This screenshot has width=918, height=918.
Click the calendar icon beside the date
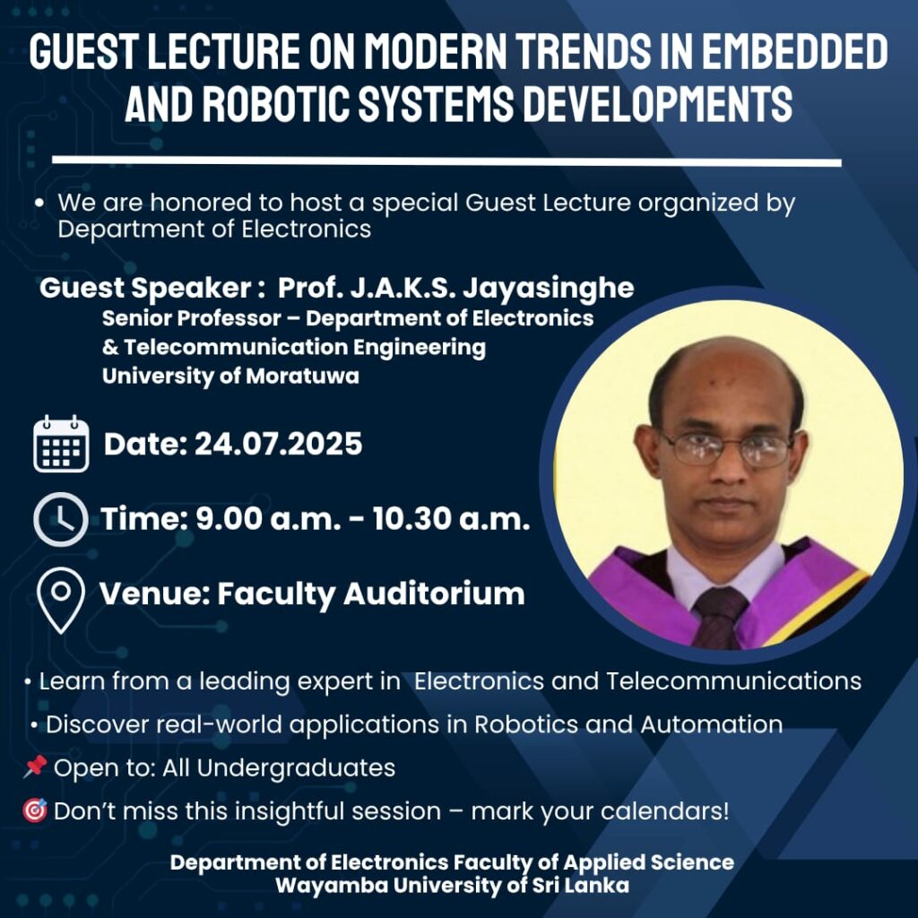[x=62, y=444]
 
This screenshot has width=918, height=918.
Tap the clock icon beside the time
[x=61, y=519]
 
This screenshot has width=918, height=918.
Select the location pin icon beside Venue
[x=61, y=600]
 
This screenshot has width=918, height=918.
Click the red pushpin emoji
[x=35, y=766]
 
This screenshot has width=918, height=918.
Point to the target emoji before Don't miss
[x=35, y=810]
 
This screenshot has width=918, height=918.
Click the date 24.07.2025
[x=279, y=443]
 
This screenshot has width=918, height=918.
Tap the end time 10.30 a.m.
[x=452, y=519]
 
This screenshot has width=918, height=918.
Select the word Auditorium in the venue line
[x=434, y=593]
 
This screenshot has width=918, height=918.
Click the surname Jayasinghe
[x=549, y=289]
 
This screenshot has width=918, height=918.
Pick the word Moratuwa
[x=302, y=376]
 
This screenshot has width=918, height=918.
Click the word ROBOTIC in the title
[x=275, y=103]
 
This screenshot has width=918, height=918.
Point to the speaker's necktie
[x=719, y=619]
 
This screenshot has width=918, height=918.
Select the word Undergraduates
[x=296, y=768]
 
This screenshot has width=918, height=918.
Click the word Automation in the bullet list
[x=711, y=724]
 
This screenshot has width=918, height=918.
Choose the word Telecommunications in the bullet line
[x=733, y=681]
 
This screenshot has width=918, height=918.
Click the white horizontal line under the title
[x=446, y=161]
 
